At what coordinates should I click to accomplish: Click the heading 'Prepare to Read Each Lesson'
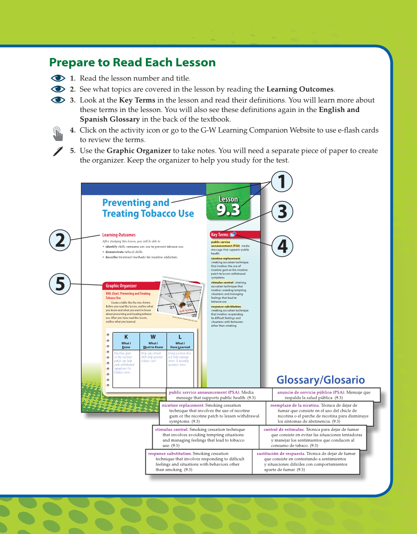pos(132,63)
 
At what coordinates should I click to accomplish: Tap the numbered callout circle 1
pos(281,181)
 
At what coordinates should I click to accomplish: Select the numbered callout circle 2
pos(59,240)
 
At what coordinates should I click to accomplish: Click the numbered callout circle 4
pos(281,246)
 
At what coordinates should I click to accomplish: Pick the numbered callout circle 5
pos(59,284)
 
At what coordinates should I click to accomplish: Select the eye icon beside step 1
pos(58,78)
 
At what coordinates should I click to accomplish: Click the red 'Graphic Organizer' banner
pos(131,285)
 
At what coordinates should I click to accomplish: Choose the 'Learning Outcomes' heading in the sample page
pos(119,235)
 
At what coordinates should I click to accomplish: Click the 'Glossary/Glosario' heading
pos(320,380)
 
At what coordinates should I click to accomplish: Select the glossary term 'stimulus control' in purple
pos(171,429)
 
